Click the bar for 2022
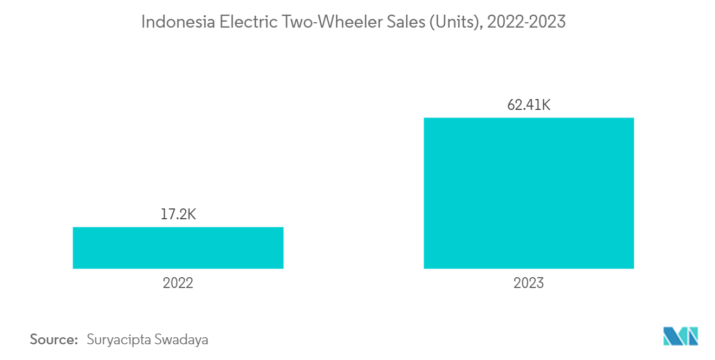pos(178,247)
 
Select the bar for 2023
pos(529,193)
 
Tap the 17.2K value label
pos(178,214)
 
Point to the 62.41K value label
pos(529,105)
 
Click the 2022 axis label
pos(178,283)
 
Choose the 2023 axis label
pos(529,283)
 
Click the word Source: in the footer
pos(54,340)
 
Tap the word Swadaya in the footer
pos(181,340)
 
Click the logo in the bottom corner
pos(681,336)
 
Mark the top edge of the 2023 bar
pos(529,118)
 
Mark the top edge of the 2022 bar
pos(178,227)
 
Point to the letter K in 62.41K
pos(545,105)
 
